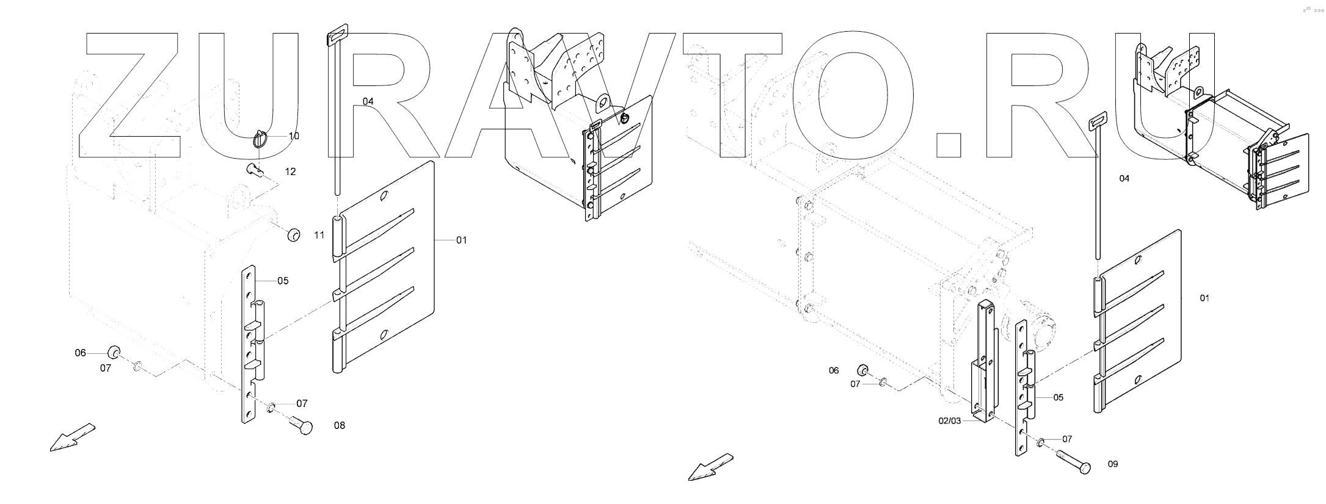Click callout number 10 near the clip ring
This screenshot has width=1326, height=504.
click(294, 136)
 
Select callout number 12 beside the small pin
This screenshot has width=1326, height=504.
click(290, 172)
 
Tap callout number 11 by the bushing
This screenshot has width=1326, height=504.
click(319, 235)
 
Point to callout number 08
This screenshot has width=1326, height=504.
click(339, 425)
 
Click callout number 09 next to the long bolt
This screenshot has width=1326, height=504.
click(1113, 464)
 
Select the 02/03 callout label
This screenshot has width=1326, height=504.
click(950, 421)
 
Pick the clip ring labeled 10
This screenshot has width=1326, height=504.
click(261, 140)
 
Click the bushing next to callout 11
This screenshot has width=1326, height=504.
click(294, 234)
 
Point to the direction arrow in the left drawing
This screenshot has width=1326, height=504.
click(71, 437)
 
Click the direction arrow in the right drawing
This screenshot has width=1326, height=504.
click(710, 467)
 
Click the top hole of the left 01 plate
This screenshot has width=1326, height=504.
click(383, 197)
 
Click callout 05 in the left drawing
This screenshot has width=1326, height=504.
click(282, 281)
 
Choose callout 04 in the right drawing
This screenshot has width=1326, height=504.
click(1124, 179)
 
